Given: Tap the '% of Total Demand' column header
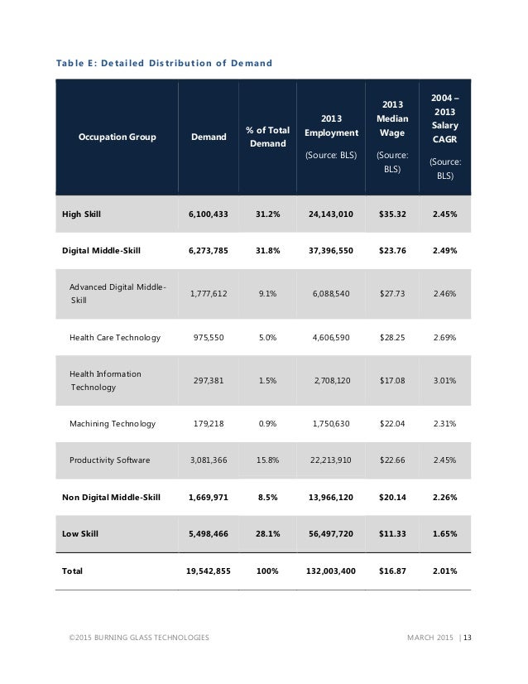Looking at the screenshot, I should (x=267, y=137).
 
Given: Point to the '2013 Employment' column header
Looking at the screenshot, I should (x=331, y=132).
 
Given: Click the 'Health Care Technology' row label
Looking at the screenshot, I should (x=115, y=337).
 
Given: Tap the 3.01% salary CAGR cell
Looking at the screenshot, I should (x=444, y=381).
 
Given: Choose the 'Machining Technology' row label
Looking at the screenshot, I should (x=113, y=424).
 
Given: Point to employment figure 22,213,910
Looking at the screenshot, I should (x=331, y=460).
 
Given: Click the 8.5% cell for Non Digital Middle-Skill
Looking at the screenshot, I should (x=267, y=497).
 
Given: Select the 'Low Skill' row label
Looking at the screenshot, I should (x=80, y=534).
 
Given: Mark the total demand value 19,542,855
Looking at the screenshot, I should (x=208, y=571).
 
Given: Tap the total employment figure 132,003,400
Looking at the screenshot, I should (x=330, y=571).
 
